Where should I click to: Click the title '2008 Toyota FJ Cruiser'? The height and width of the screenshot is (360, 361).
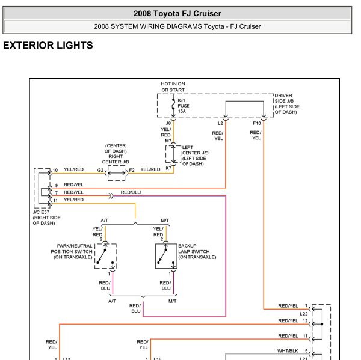[177, 13]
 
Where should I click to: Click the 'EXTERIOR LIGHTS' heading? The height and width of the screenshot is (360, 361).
[48, 46]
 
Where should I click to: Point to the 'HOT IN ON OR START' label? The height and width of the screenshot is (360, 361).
[173, 87]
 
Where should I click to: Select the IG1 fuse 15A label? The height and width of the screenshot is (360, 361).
[184, 106]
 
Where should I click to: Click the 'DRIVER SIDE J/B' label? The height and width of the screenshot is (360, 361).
[288, 104]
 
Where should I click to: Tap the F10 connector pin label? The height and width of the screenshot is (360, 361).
[257, 123]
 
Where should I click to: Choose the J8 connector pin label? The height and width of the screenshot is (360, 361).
[168, 123]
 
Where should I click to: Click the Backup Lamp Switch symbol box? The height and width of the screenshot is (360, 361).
[165, 256]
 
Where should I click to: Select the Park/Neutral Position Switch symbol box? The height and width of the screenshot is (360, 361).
[106, 256]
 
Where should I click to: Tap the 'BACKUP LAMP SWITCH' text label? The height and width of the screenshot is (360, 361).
[197, 251]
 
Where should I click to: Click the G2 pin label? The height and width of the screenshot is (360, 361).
[100, 170]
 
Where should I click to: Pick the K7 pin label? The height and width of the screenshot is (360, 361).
[168, 168]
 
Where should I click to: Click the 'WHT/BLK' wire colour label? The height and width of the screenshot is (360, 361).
[288, 350]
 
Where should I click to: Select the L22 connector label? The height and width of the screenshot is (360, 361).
[303, 314]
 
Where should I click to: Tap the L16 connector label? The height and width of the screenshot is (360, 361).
[158, 359]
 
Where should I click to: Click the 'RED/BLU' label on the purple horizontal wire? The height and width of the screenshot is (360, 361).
[131, 192]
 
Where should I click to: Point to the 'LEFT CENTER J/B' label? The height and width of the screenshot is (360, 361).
[194, 156]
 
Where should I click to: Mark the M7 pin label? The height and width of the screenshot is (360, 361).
[168, 141]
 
